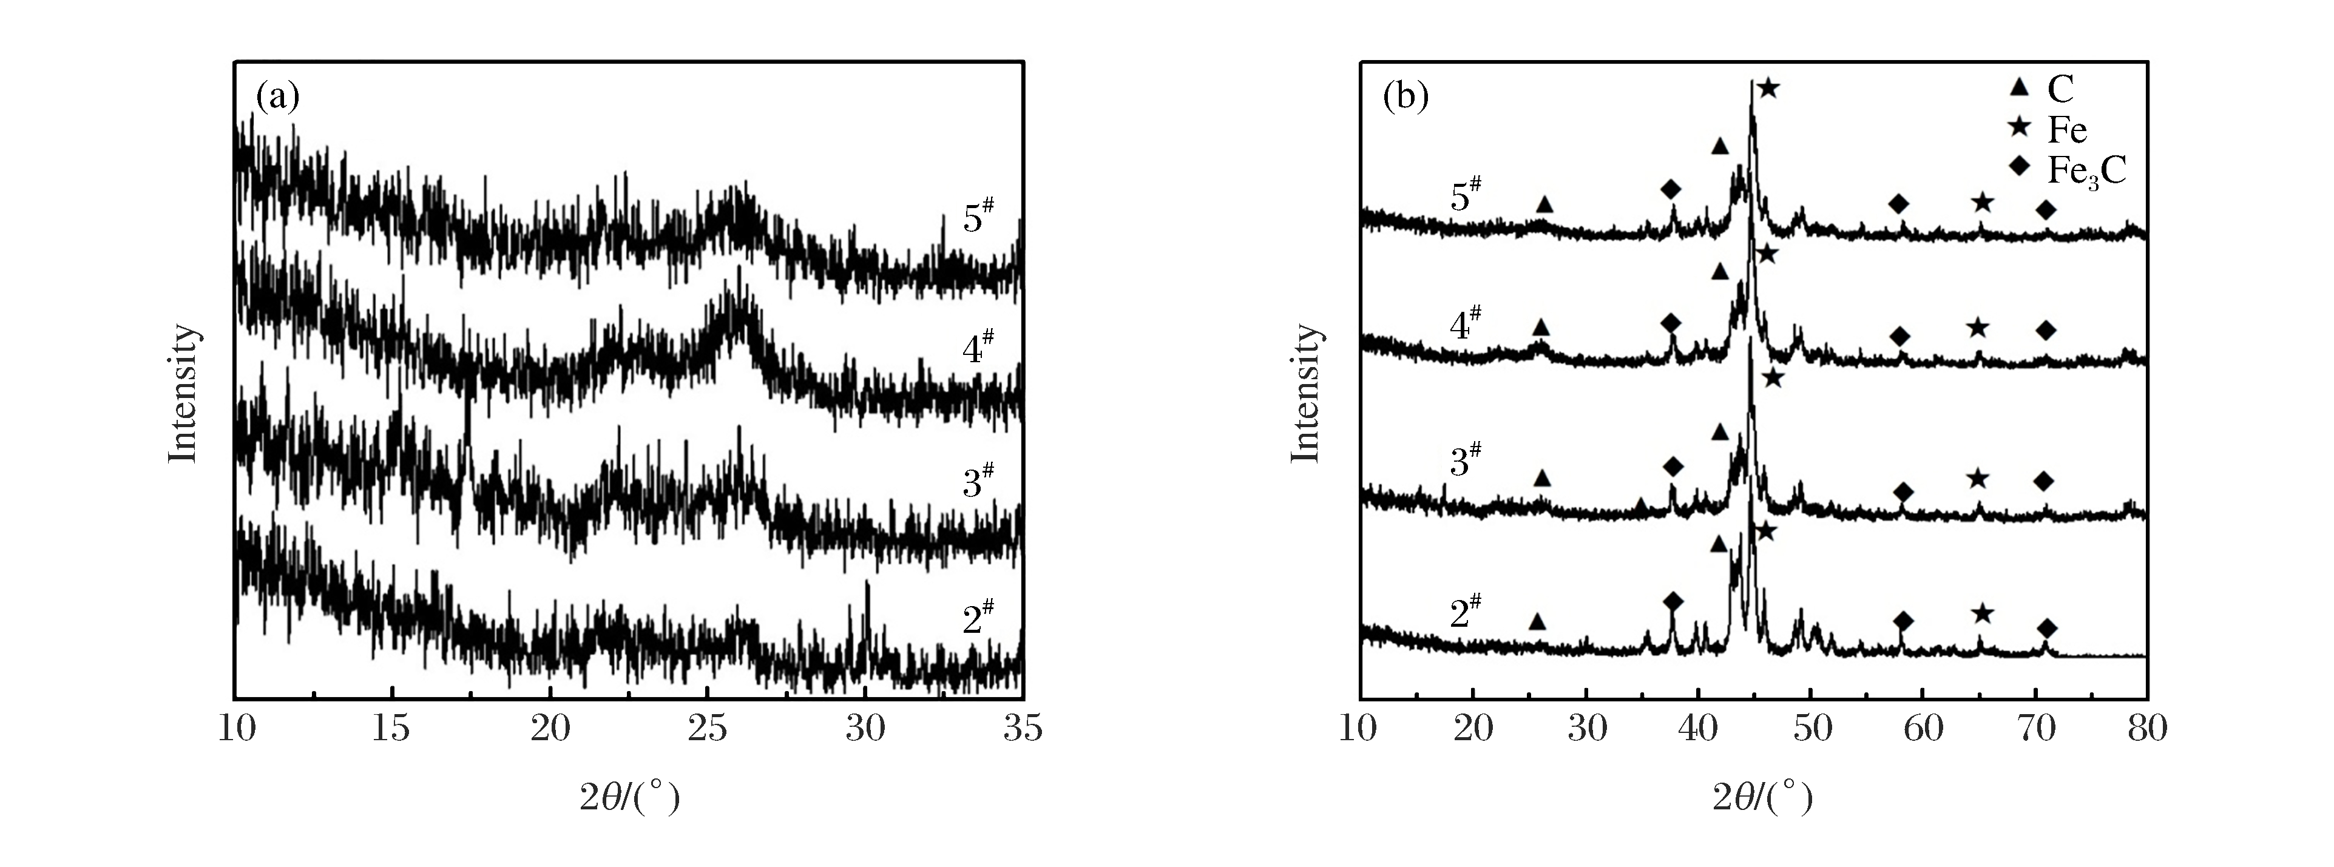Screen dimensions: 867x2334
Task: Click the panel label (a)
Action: pos(277,96)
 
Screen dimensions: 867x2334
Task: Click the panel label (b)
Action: pos(1405,96)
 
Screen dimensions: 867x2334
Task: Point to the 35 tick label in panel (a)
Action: pos(1022,729)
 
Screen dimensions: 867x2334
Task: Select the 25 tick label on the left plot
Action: pos(707,729)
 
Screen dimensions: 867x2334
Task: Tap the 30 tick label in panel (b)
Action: pos(1586,729)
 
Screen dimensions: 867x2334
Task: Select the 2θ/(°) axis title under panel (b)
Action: pos(1762,797)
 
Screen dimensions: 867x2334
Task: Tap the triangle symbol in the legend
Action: pos(2014,88)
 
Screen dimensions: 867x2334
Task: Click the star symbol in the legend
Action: pos(2014,128)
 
